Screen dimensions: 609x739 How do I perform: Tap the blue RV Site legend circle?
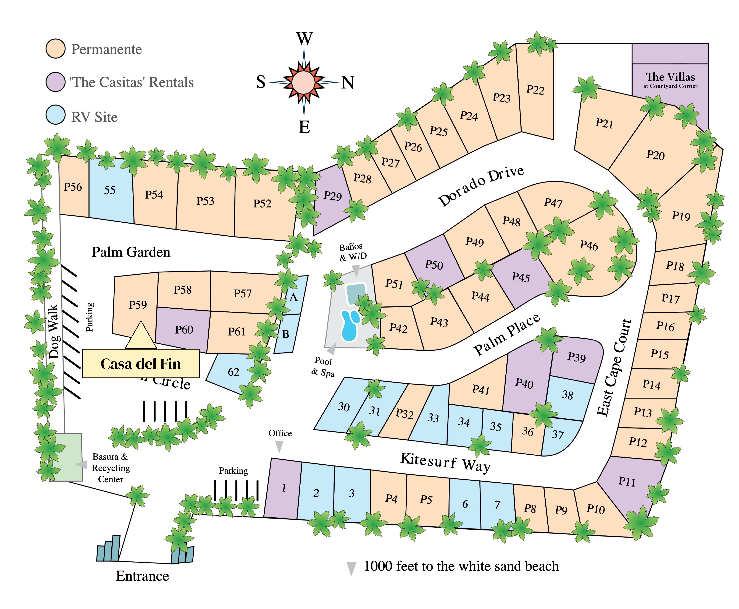(x=55, y=115)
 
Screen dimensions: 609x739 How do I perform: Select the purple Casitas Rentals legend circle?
(x=55, y=82)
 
